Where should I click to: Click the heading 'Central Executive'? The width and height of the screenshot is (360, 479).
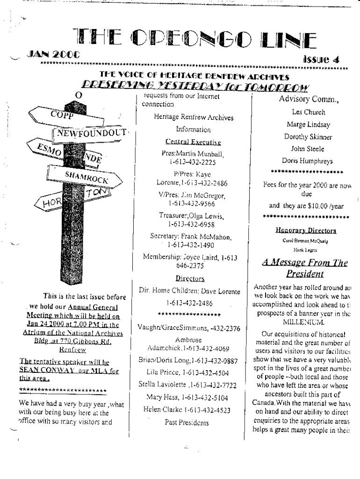(x=187, y=141)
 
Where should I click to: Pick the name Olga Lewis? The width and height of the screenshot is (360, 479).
(x=207, y=216)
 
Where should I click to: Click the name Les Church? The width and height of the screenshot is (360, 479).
(x=308, y=112)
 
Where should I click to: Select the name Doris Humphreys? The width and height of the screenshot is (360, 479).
(x=308, y=161)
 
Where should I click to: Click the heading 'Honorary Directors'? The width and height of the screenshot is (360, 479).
(x=306, y=231)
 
